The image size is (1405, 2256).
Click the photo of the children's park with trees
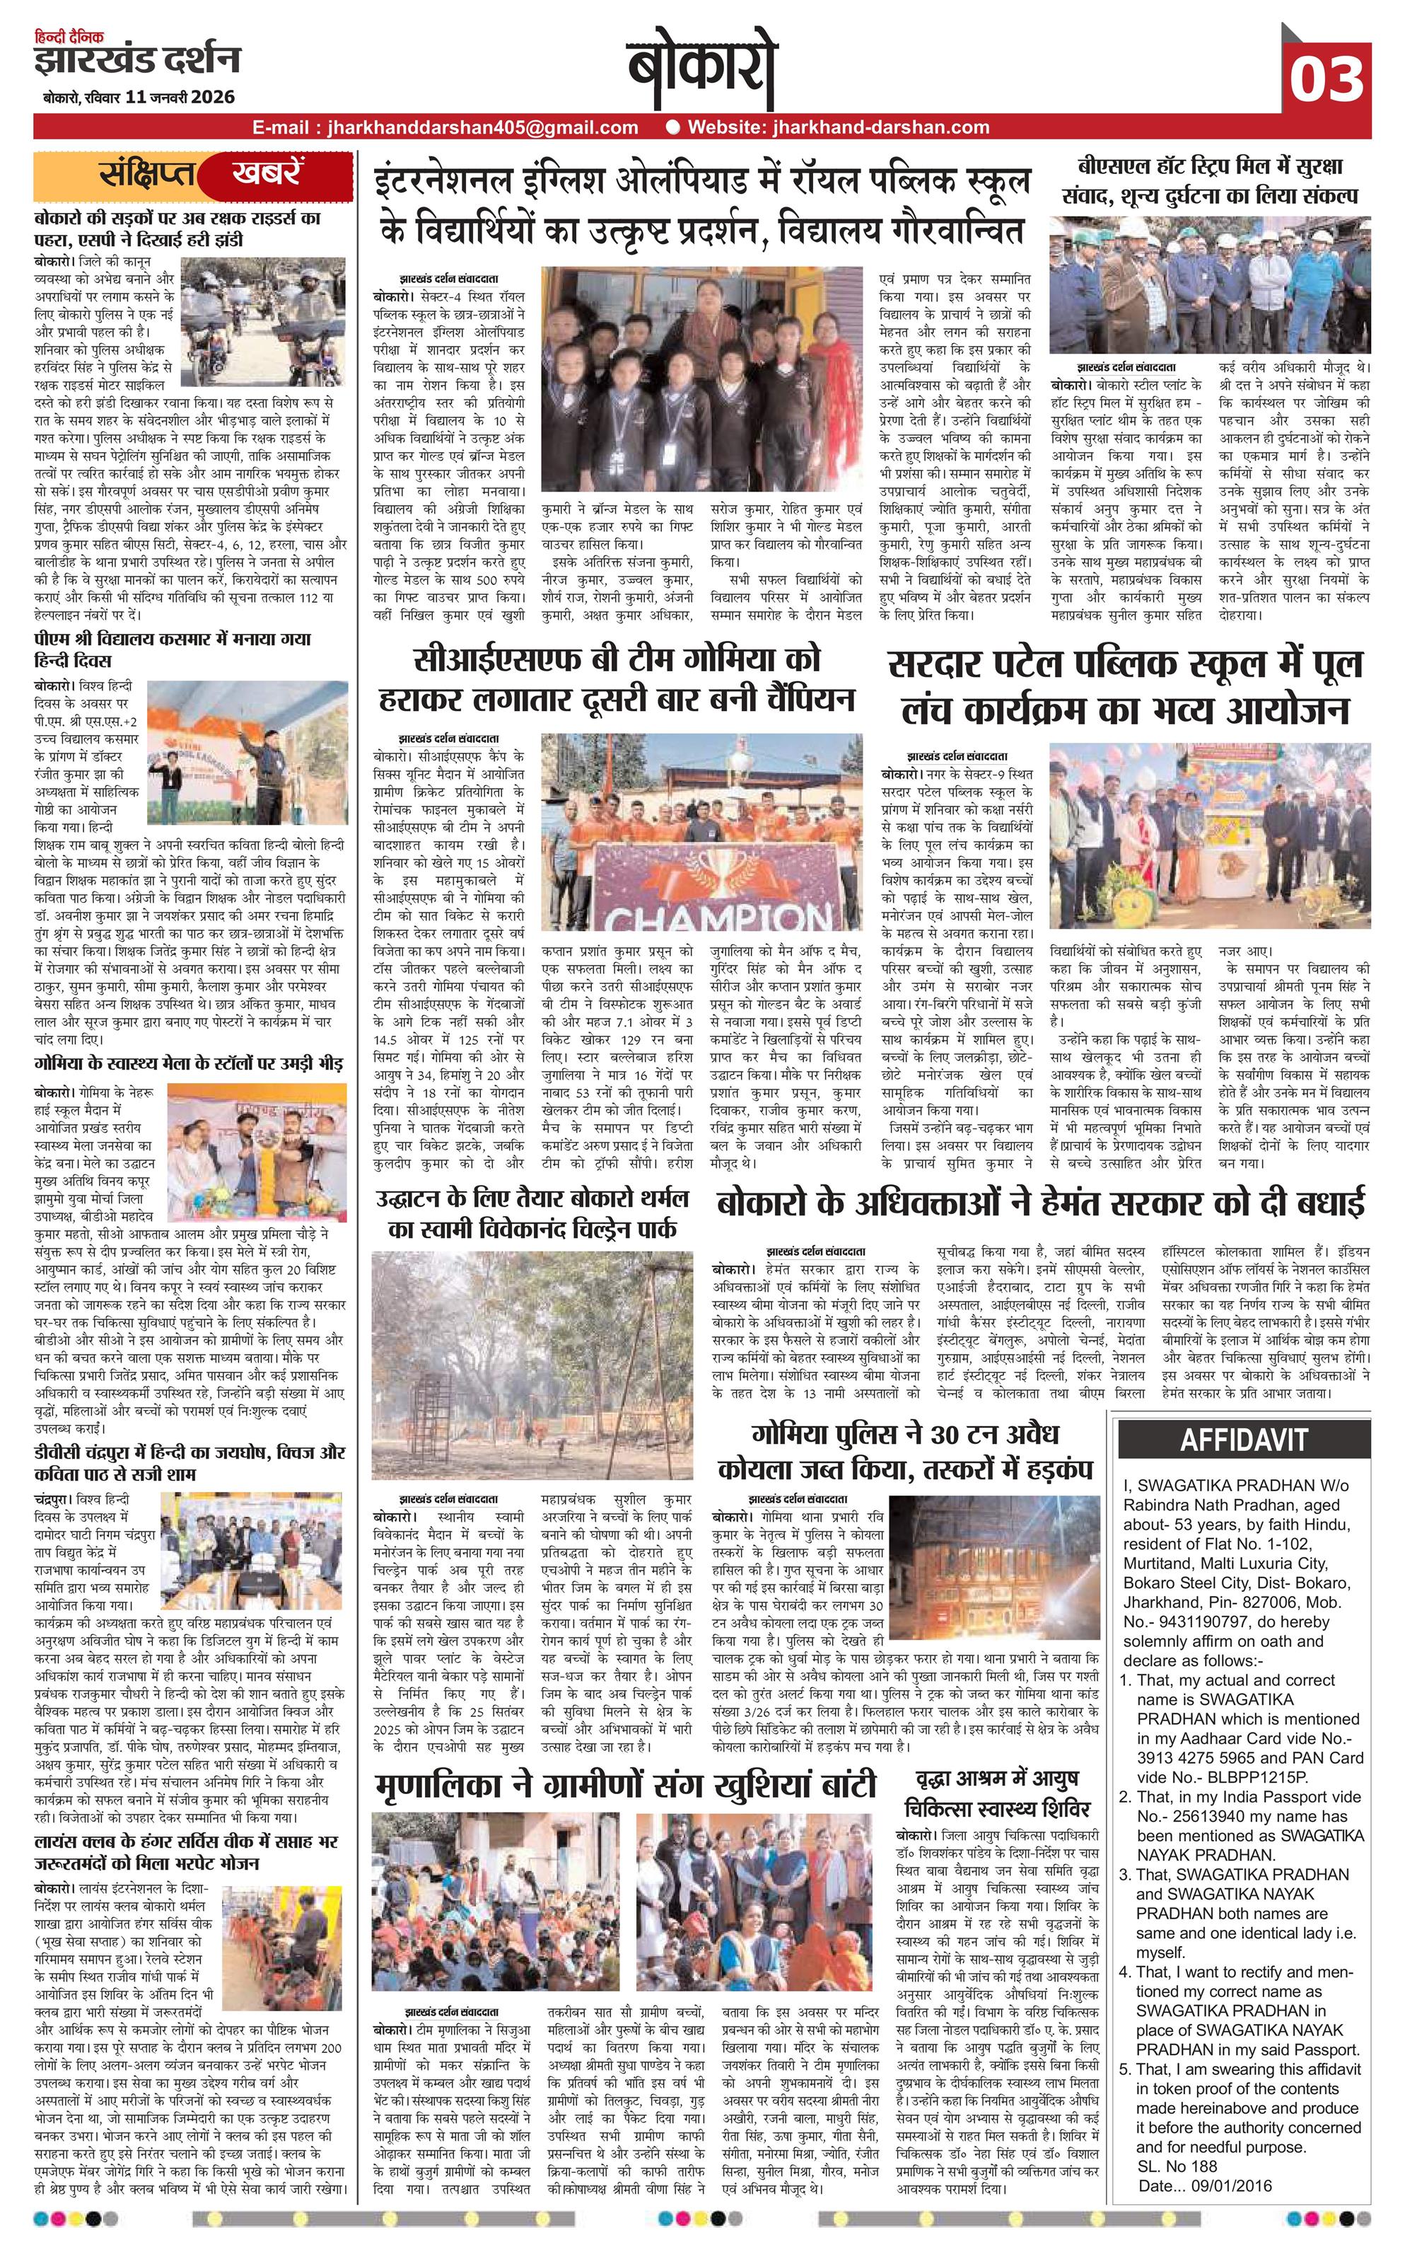pyautogui.click(x=532, y=1365)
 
